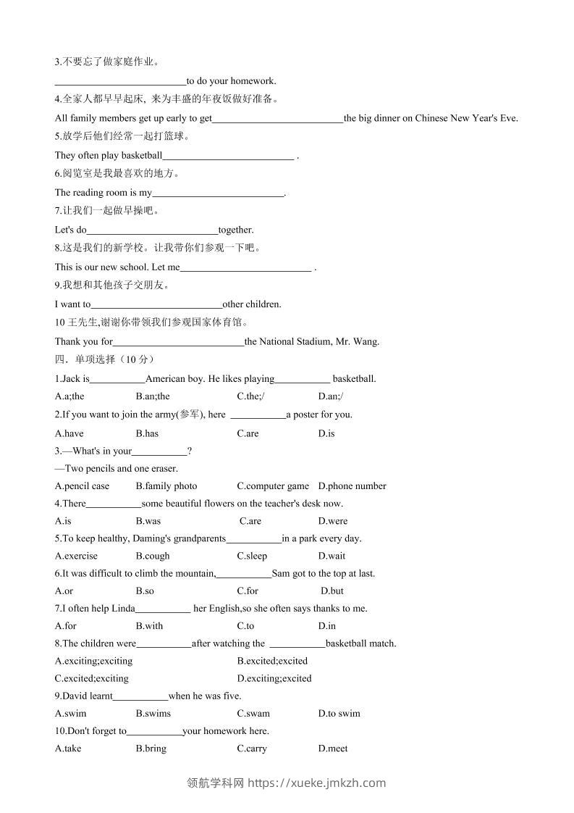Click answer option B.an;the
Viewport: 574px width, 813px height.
tap(153, 396)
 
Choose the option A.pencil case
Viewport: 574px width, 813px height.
tap(82, 485)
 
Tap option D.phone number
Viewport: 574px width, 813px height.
tap(352, 485)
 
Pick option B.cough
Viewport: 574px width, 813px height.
tap(153, 556)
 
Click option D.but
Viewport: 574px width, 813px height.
tap(332, 591)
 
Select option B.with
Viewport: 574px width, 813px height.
tap(149, 626)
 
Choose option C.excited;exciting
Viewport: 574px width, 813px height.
tap(91, 678)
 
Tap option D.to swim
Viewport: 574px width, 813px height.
tap(339, 713)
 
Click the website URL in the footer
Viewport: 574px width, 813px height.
tap(317, 783)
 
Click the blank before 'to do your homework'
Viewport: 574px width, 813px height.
tap(120, 81)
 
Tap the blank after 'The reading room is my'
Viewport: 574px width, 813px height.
tap(219, 193)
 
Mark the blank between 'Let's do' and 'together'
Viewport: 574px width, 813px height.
tap(152, 230)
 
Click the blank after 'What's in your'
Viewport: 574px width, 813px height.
tap(159, 451)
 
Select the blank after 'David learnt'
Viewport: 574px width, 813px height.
tap(140, 696)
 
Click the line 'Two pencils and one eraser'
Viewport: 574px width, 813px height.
tap(116, 468)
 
